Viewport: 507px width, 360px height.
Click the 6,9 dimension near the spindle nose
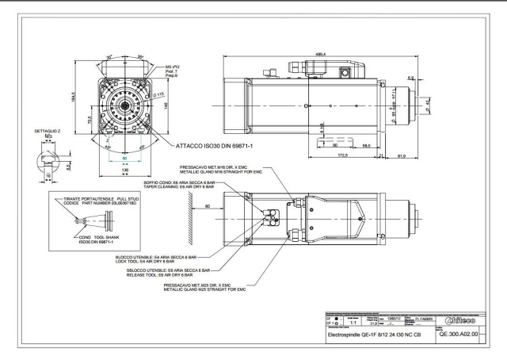pyautogui.click(x=410, y=77)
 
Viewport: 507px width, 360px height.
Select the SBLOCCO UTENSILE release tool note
pyautogui.click(x=162, y=272)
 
